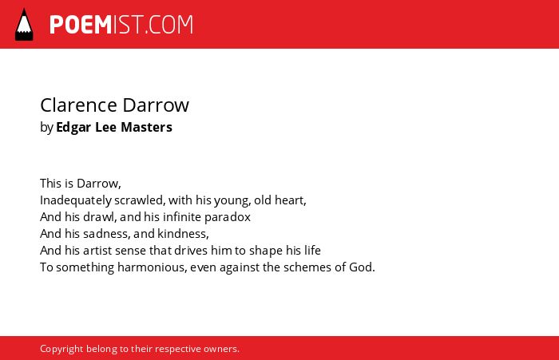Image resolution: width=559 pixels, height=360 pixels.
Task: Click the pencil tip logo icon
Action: [x=24, y=25]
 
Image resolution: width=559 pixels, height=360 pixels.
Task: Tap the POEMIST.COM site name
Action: [x=121, y=25]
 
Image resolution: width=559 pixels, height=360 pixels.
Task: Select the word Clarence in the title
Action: [x=79, y=105]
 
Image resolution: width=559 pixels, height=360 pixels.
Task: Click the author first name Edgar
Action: [x=73, y=128]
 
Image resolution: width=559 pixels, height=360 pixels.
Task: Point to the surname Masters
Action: [x=146, y=127]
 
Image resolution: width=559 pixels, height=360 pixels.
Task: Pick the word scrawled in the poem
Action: [x=140, y=200]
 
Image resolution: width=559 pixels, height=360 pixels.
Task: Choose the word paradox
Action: [x=228, y=217]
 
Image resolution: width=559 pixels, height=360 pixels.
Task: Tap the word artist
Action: [x=97, y=251]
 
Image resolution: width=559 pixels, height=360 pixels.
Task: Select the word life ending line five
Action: [x=312, y=250]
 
